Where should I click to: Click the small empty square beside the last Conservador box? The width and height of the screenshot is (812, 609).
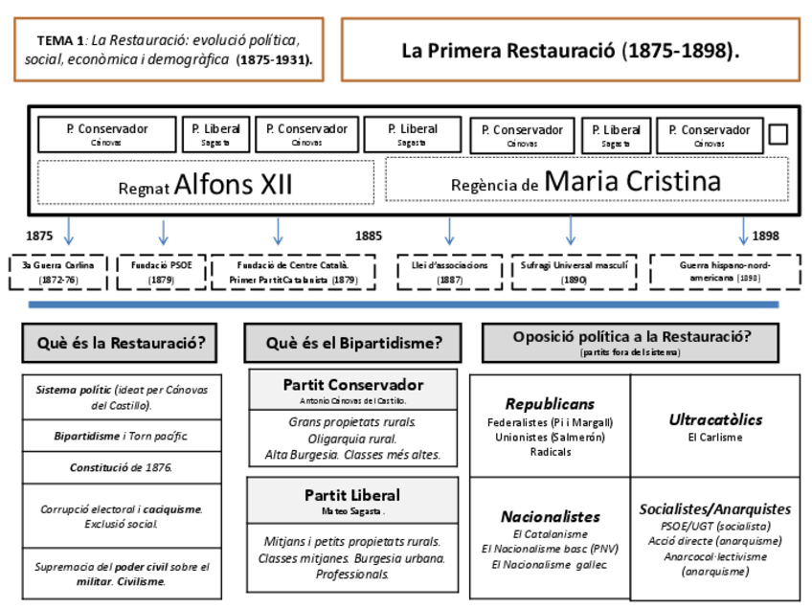coord(778,134)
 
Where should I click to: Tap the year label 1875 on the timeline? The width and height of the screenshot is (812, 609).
coord(40,236)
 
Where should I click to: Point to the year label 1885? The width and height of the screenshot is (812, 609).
coord(368,236)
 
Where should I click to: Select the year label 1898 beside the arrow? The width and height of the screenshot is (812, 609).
coord(765,236)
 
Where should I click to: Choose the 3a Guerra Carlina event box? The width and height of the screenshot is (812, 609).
coord(58,272)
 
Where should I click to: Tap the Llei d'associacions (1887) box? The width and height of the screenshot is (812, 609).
coord(449,272)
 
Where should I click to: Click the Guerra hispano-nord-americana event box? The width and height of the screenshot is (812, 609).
coord(725,271)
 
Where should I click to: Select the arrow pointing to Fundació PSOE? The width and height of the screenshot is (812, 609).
coord(164,232)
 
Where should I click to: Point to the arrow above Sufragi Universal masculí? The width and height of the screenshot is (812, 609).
coord(571,232)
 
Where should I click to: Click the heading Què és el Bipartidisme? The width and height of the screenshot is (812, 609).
coord(354,343)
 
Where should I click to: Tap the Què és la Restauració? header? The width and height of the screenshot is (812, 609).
coord(121,343)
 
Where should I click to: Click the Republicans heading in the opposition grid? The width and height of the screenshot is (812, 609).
coord(550,404)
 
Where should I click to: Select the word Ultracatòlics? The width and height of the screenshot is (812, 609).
coord(715,419)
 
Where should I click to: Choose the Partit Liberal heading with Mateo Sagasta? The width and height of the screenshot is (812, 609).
coord(352,495)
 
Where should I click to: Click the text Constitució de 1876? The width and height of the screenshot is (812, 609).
coord(121,468)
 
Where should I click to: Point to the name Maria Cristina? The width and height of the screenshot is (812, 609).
coord(632,181)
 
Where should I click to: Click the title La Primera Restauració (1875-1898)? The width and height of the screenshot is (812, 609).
coord(570,50)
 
